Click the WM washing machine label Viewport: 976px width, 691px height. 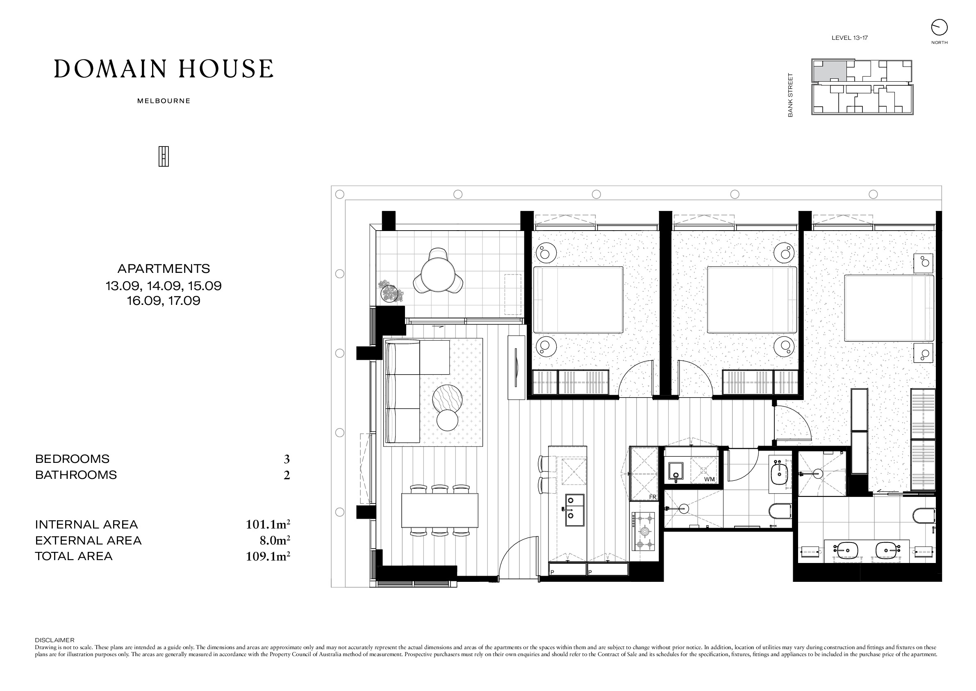click(710, 479)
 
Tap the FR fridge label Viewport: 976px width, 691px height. click(653, 497)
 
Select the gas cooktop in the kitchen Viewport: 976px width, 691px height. click(644, 531)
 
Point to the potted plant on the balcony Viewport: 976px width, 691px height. click(391, 291)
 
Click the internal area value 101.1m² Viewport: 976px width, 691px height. click(268, 524)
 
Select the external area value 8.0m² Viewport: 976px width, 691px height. click(275, 540)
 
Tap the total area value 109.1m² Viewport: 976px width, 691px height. click(268, 556)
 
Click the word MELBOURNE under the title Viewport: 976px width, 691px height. click(164, 101)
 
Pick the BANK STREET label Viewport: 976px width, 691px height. click(790, 95)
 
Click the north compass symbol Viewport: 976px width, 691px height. click(939, 27)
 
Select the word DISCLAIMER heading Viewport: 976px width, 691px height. click(55, 640)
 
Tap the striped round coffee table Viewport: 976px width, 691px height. click(447, 399)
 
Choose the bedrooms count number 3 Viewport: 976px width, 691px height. click(287, 459)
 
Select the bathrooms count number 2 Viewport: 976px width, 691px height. click(287, 475)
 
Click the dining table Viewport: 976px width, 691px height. click(439, 510)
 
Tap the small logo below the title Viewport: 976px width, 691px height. click(164, 156)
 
